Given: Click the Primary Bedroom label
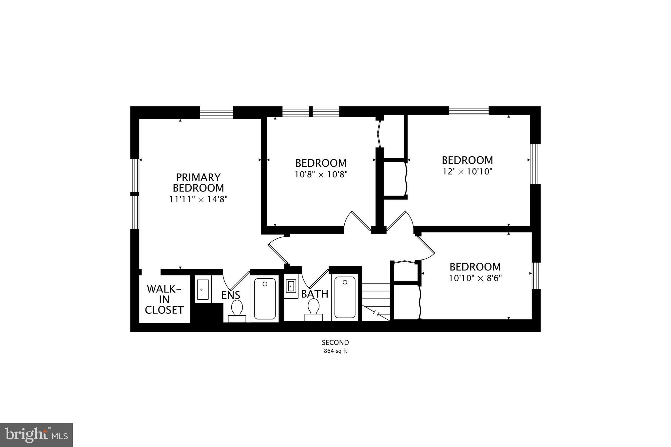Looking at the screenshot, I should pos(198,183).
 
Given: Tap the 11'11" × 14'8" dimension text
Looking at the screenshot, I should pos(199,199).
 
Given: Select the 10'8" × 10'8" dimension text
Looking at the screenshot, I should pos(321,174).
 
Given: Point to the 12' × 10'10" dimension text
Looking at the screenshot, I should pos(468,171).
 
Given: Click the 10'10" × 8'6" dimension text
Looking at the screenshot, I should pos(475,278).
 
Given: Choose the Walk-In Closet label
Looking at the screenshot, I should pos(164,299).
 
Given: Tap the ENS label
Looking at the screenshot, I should pos(231,295).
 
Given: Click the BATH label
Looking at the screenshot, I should pos(315,294).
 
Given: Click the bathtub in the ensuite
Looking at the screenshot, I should pos(265,298).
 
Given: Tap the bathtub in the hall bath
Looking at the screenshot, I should pos(345,297).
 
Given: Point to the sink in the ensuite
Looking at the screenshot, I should pos(203,289).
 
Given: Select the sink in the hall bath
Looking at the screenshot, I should pos(291,286).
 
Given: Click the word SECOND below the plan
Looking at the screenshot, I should pos(335,343).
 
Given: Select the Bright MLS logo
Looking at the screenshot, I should pos(36,435).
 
